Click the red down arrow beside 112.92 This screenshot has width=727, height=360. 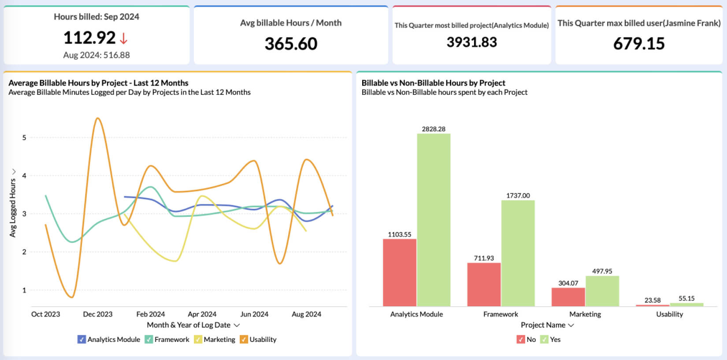point(123,38)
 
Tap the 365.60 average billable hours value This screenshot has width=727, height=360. point(291,44)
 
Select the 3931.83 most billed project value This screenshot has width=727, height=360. point(471,42)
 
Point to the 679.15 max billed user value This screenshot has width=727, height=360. point(639,44)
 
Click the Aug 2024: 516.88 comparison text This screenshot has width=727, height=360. point(96,55)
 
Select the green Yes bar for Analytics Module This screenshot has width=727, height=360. point(434,220)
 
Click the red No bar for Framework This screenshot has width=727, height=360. point(484,284)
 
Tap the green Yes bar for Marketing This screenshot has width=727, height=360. point(602,291)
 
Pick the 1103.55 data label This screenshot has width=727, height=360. point(400,234)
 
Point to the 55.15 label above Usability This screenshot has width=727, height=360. point(686,298)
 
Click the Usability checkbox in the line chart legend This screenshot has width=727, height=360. point(243,339)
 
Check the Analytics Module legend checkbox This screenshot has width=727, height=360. point(82,339)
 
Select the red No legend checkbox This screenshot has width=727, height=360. point(521,339)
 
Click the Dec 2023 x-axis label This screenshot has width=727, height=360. point(98,314)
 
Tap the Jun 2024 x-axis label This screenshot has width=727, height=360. point(254,314)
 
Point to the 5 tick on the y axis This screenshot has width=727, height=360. point(24,137)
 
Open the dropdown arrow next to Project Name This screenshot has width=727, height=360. point(571,325)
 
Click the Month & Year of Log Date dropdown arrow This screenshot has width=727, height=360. point(237,325)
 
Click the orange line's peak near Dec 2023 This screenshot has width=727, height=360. point(98,118)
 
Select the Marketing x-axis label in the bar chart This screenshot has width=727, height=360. point(585,314)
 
